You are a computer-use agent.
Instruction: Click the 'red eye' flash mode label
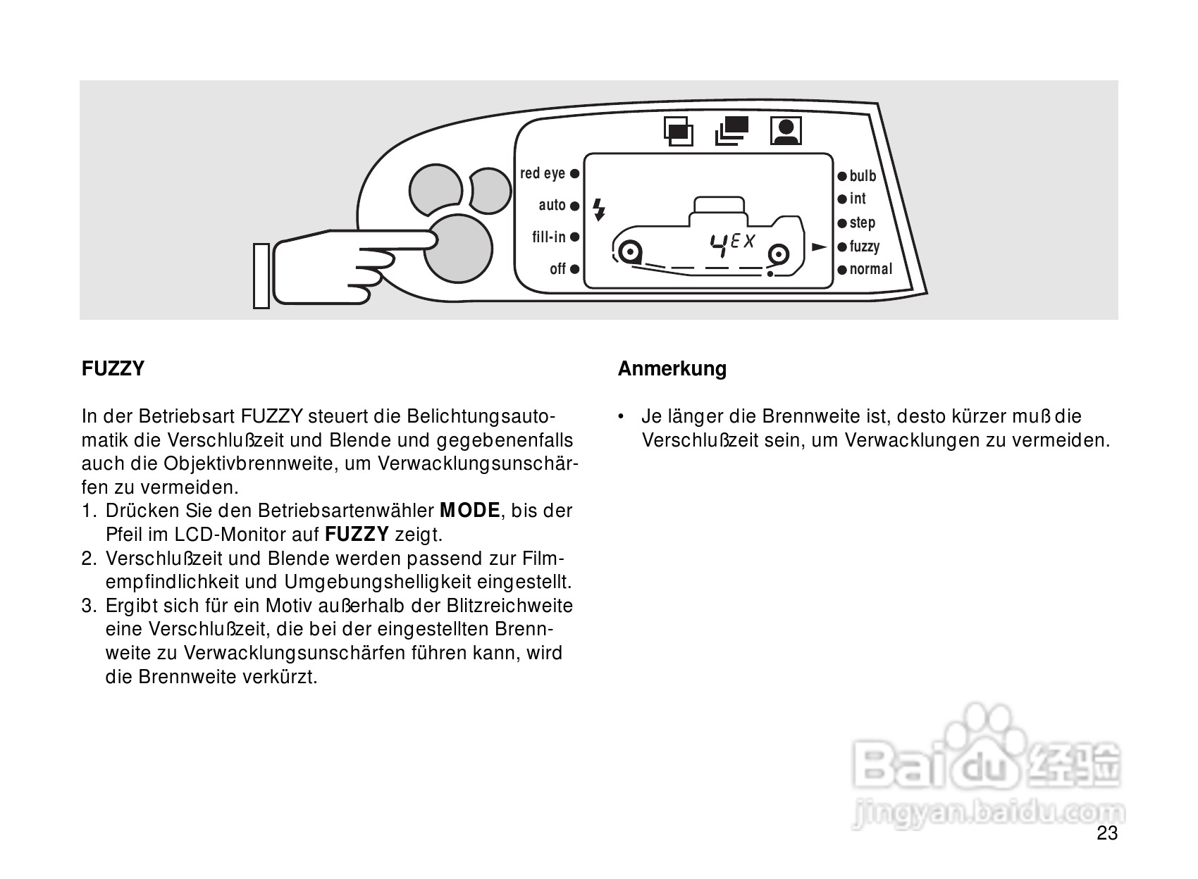pos(543,173)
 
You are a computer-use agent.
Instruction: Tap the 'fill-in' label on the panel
pos(549,237)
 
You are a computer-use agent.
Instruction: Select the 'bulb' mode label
pos(863,176)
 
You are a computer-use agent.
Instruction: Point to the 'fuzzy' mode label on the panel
pos(865,247)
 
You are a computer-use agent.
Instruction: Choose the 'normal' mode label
pos(871,269)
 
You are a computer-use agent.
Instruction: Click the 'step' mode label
pos(862,223)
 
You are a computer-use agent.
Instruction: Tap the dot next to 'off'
pos(575,269)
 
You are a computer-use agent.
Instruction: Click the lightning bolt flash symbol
pos(599,209)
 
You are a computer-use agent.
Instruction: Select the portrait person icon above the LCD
pos(786,131)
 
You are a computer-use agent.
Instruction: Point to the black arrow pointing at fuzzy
pos(819,247)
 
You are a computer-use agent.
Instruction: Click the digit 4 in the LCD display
pos(719,245)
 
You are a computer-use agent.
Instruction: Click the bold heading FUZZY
pos(113,369)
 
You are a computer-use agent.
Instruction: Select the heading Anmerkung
pos(672,369)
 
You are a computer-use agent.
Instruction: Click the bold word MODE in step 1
pos(469,511)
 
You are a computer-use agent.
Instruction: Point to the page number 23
pos(1107,834)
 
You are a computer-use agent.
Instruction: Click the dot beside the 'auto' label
pos(575,206)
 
